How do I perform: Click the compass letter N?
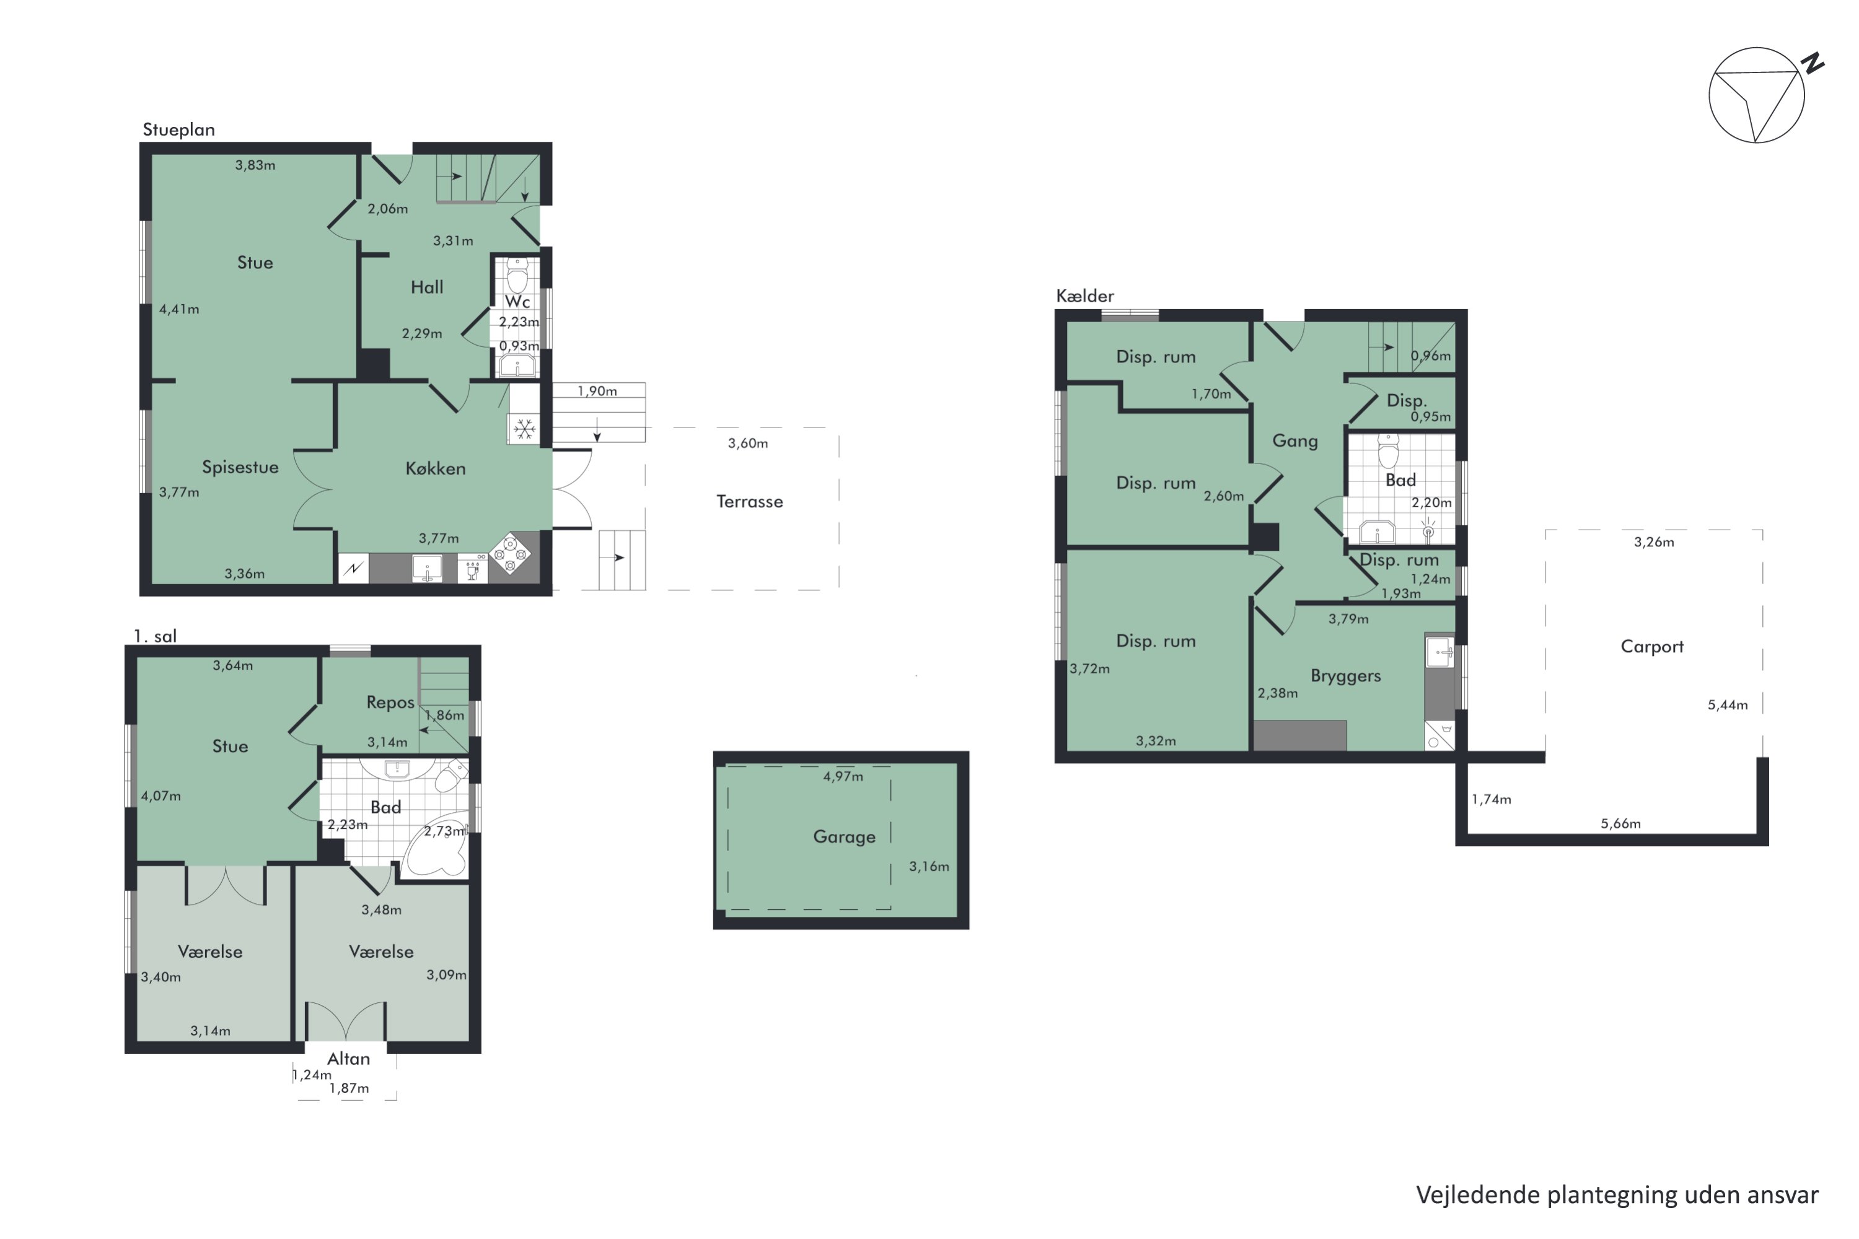coord(1813,63)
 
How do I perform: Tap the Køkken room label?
coord(436,468)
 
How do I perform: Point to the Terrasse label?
coord(749,502)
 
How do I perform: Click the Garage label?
coord(844,837)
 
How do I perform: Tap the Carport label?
coord(1652,646)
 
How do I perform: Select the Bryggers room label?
coord(1345,676)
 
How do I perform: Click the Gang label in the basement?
coord(1294,441)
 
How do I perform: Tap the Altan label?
coord(348,1059)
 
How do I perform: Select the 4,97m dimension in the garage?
coord(843,776)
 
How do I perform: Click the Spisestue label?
coord(240,467)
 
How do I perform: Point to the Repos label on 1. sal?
coord(390,703)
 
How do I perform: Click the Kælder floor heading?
coord(1085,296)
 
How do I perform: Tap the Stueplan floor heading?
coord(178,129)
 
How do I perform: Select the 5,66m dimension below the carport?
coord(1621,823)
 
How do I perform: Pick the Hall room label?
coord(427,287)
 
